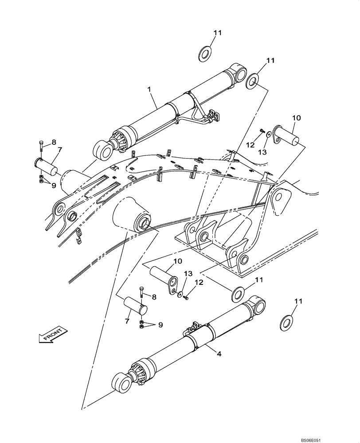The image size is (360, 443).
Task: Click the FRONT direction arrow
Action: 52,334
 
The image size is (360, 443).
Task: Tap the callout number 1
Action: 150,89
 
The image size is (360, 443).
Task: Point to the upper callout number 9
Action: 53,186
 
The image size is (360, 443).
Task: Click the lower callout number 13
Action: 186,273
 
